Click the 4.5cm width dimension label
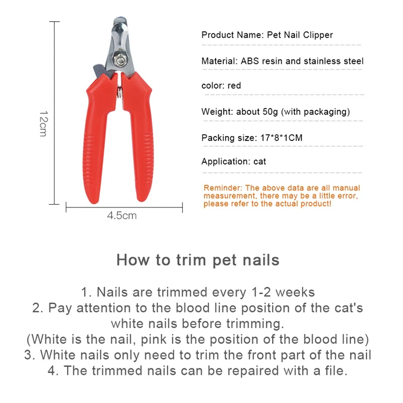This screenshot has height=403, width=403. coord(121,216)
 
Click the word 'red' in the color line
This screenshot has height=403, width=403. coord(234,86)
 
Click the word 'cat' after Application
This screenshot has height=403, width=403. coord(260,162)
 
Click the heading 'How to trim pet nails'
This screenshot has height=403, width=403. coord(197,260)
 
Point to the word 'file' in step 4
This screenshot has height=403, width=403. coord(334,371)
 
